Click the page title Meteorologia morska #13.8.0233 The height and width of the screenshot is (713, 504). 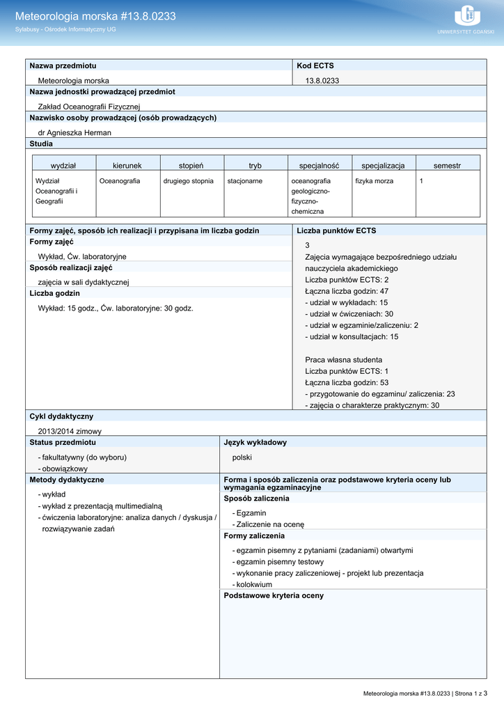[x=95, y=16]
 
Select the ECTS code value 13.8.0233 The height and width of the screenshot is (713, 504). [x=322, y=81]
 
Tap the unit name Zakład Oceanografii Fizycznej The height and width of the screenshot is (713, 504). [x=89, y=107]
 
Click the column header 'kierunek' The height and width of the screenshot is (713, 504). [x=127, y=166]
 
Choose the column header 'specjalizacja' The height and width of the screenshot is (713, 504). [x=383, y=166]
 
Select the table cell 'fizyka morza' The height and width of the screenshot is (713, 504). [x=375, y=181]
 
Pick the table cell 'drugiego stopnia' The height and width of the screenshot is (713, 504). [x=189, y=181]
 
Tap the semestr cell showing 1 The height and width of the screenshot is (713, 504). [x=421, y=181]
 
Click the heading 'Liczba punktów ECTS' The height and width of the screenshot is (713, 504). [x=336, y=230]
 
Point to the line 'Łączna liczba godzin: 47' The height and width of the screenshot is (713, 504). [x=347, y=291]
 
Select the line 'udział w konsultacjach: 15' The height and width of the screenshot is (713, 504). [x=352, y=337]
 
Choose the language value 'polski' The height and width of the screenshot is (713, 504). [x=242, y=457]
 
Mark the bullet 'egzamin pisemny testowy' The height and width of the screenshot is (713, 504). [x=280, y=562]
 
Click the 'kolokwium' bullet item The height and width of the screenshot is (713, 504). [x=254, y=585]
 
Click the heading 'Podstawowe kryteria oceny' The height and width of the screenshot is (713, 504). [x=274, y=596]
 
